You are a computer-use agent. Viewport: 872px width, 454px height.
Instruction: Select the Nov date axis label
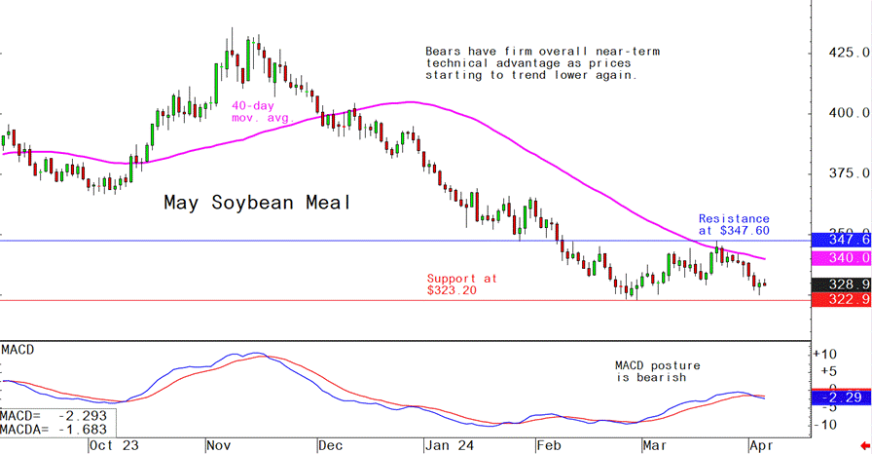pyautogui.click(x=217, y=445)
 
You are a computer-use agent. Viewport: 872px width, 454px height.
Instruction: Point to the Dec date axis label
pyautogui.click(x=331, y=445)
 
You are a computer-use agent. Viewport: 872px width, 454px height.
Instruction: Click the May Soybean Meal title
pyautogui.click(x=256, y=204)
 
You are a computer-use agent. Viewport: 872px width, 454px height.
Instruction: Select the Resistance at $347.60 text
pyautogui.click(x=734, y=225)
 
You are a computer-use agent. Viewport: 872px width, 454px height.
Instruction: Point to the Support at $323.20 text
pyautogui.click(x=461, y=284)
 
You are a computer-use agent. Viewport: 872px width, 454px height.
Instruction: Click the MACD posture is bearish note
pyautogui.click(x=657, y=371)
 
